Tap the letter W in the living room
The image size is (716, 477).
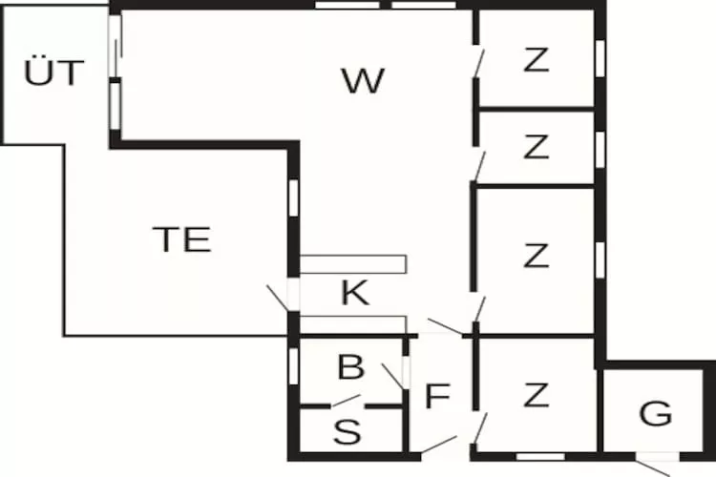coord(363,82)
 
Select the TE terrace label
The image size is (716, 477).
coord(182,239)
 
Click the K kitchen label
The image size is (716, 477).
coord(355,293)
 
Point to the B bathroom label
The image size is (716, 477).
coord(351,366)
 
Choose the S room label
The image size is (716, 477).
coord(348,432)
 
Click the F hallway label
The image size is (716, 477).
coord(436,396)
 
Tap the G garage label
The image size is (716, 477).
coord(655,414)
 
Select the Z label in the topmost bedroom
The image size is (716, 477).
coord(537,60)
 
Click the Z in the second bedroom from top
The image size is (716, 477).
coord(537,147)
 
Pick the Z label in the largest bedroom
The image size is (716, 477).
coord(537,256)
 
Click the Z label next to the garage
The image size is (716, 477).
coord(537,393)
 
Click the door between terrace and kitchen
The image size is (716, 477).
coord(279,297)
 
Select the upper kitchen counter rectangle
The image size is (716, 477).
coord(353,263)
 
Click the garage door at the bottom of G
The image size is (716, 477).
coord(655,467)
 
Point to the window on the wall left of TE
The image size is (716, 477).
coord(293,196)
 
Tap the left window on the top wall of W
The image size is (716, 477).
coord(347,5)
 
